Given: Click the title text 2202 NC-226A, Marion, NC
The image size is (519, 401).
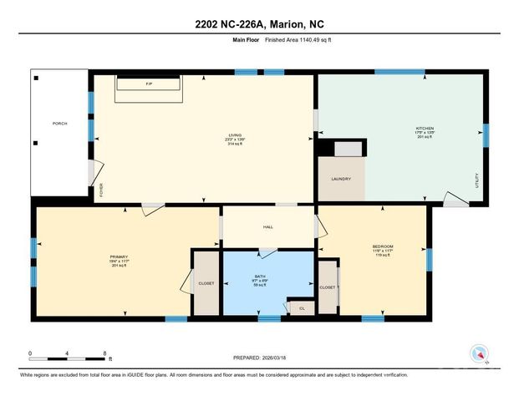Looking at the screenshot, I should [259, 23].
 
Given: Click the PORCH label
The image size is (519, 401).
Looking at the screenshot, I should [59, 124].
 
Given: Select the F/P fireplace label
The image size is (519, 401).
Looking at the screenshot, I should [149, 84].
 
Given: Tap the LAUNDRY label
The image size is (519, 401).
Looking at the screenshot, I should [340, 179].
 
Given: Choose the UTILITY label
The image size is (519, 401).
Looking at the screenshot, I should [476, 180].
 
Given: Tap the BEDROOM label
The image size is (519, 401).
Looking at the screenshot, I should [382, 246].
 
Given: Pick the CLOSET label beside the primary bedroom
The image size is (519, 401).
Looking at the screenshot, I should [206, 283].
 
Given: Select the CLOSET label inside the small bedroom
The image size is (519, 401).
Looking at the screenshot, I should [328, 287].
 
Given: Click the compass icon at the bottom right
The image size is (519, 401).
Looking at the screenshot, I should [479, 353].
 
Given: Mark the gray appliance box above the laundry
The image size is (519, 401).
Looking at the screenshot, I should [349, 149].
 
